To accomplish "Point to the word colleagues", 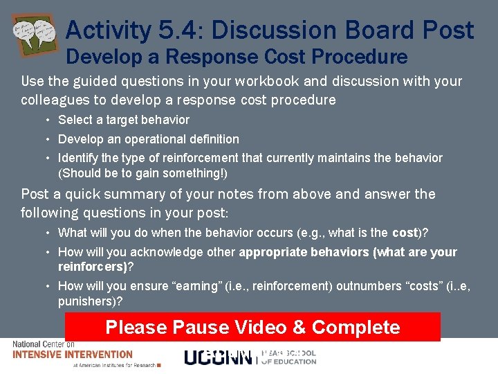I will (x=59, y=100).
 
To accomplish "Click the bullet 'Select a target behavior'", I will (x=123, y=120).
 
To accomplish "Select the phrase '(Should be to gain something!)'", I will (x=142, y=172).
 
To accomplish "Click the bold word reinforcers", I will (x=91, y=267).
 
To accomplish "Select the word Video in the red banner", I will (x=266, y=327).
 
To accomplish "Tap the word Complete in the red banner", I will (x=356, y=327).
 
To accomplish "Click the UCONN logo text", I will (x=218, y=357).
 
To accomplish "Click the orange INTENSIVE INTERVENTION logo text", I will (x=73, y=355).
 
